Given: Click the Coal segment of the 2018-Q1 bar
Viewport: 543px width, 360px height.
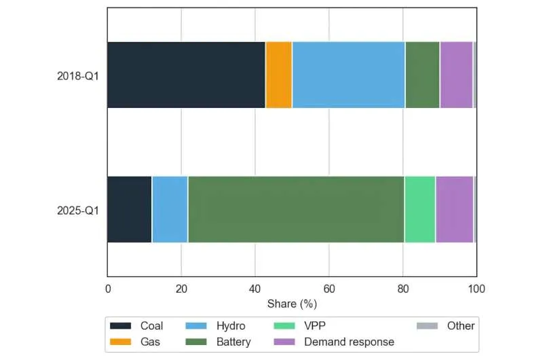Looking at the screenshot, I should (x=186, y=75).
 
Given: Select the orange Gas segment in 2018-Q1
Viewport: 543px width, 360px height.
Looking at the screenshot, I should (x=278, y=75).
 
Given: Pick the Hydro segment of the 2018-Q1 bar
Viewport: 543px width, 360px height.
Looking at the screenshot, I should (x=348, y=75).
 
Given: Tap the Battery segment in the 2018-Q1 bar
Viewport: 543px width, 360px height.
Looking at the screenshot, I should (x=422, y=75).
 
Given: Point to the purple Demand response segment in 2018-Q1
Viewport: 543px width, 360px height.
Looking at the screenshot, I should (x=456, y=75).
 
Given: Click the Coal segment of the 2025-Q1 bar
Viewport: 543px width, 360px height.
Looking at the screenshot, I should (x=129, y=209).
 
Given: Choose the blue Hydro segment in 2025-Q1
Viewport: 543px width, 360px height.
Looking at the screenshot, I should (x=170, y=209).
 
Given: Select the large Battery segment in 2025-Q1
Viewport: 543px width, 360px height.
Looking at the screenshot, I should (x=296, y=209).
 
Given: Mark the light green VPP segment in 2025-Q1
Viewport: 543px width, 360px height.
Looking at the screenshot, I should (x=419, y=209).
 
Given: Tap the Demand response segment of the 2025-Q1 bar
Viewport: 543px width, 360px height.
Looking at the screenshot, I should (x=454, y=209).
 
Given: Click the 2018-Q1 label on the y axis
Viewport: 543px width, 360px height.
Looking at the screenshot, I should (x=77, y=75).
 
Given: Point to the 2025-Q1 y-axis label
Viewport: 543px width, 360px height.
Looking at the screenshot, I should (x=77, y=210).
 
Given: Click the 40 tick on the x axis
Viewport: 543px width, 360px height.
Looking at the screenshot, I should (x=255, y=288).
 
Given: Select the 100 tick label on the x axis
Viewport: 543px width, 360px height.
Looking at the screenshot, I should (x=476, y=288).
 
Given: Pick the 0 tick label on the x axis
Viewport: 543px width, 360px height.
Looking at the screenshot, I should (x=107, y=288).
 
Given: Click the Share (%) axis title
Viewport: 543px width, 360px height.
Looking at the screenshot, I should (x=292, y=303).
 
